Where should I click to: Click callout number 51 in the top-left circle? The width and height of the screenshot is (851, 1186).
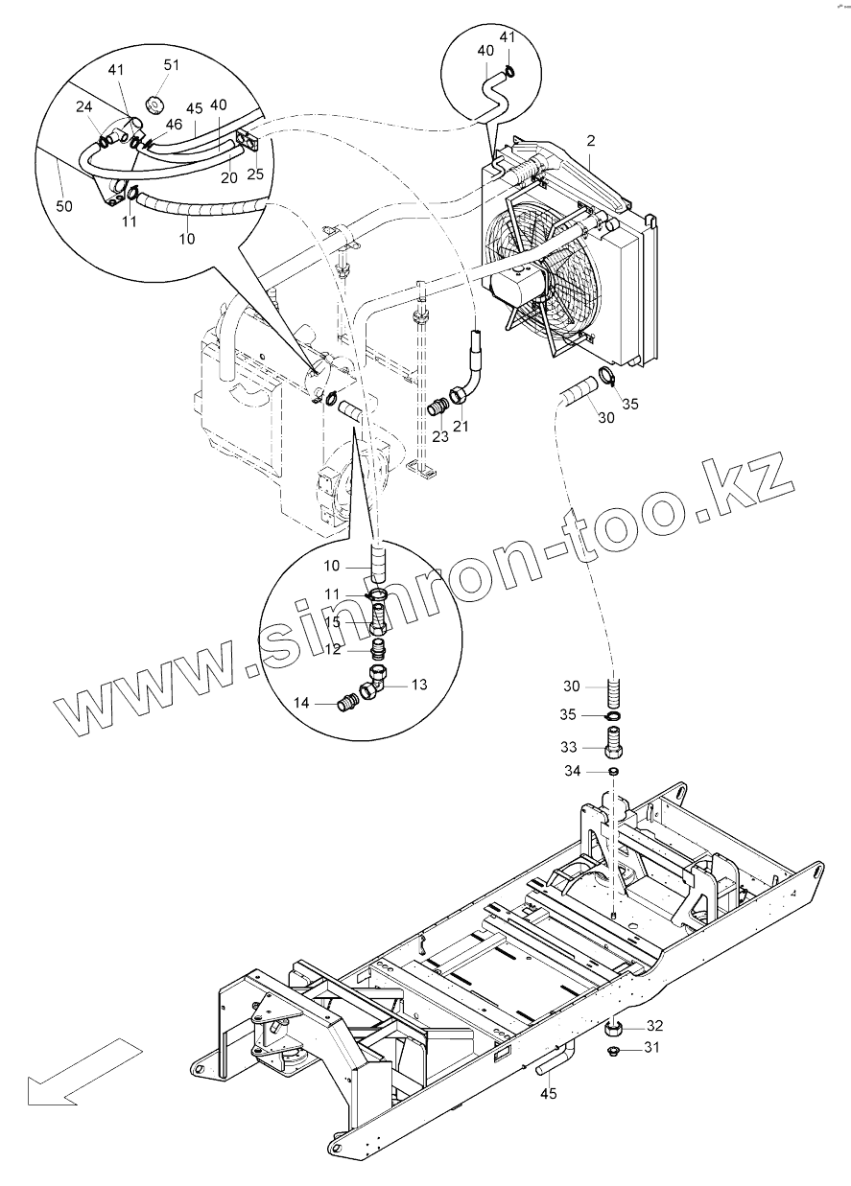(171, 65)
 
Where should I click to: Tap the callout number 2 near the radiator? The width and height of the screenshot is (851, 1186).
(591, 142)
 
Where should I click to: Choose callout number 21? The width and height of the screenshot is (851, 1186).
(462, 426)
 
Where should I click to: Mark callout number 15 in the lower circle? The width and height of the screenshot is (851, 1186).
(359, 622)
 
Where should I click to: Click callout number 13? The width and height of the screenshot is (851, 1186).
(419, 685)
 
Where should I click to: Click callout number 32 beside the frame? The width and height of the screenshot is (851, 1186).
(655, 1025)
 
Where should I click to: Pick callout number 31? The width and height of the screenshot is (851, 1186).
(652, 1048)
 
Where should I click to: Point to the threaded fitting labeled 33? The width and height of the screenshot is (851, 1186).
(613, 742)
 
